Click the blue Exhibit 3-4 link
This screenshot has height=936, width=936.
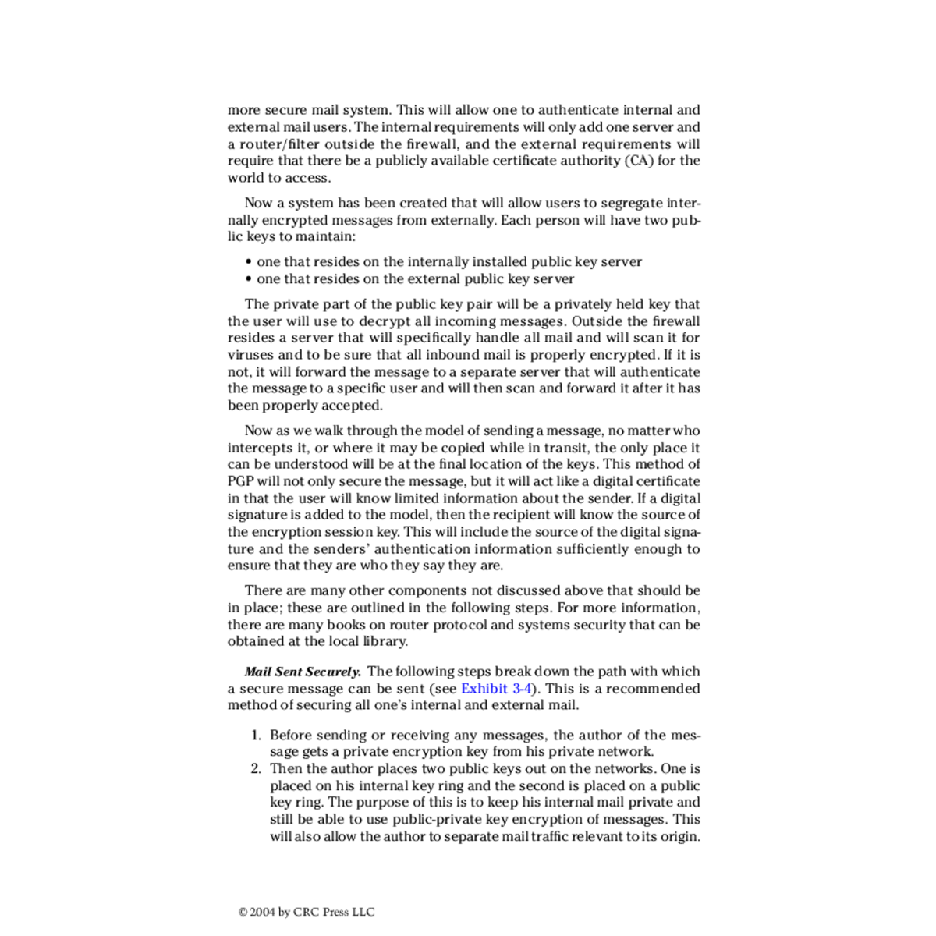[496, 688]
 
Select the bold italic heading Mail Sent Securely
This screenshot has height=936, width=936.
[303, 672]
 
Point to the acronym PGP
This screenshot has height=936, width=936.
[240, 481]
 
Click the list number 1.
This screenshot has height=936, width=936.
[255, 735]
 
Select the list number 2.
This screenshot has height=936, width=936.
[255, 768]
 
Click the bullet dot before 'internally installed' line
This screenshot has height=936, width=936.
[248, 262]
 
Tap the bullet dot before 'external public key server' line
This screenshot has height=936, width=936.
[248, 279]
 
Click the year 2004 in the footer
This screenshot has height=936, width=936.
[262, 912]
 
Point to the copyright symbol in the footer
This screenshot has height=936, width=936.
[243, 912]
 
